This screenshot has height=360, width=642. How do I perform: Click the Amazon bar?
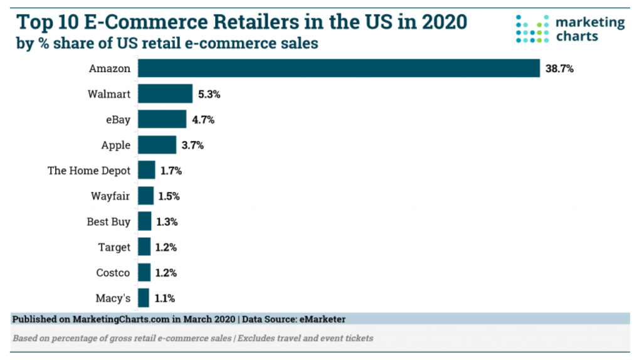pos(339,68)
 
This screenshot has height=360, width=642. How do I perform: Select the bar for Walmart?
pos(165,94)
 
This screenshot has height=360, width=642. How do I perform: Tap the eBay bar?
pos(162,119)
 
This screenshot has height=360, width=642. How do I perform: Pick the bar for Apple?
pos(157,145)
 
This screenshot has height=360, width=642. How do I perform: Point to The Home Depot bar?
pos(146,170)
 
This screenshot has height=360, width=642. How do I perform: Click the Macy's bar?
pos(144,298)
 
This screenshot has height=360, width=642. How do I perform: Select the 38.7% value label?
pos(559,69)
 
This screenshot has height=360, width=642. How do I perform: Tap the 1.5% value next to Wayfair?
pos(168,196)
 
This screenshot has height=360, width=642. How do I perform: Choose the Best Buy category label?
pos(108,221)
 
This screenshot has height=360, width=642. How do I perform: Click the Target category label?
pos(114,247)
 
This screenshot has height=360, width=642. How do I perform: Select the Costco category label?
pos(113,273)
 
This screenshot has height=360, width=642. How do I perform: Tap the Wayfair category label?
pos(110,196)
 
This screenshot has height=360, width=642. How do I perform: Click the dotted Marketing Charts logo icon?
pos(532,28)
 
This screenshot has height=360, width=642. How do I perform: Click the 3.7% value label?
pos(193,146)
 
